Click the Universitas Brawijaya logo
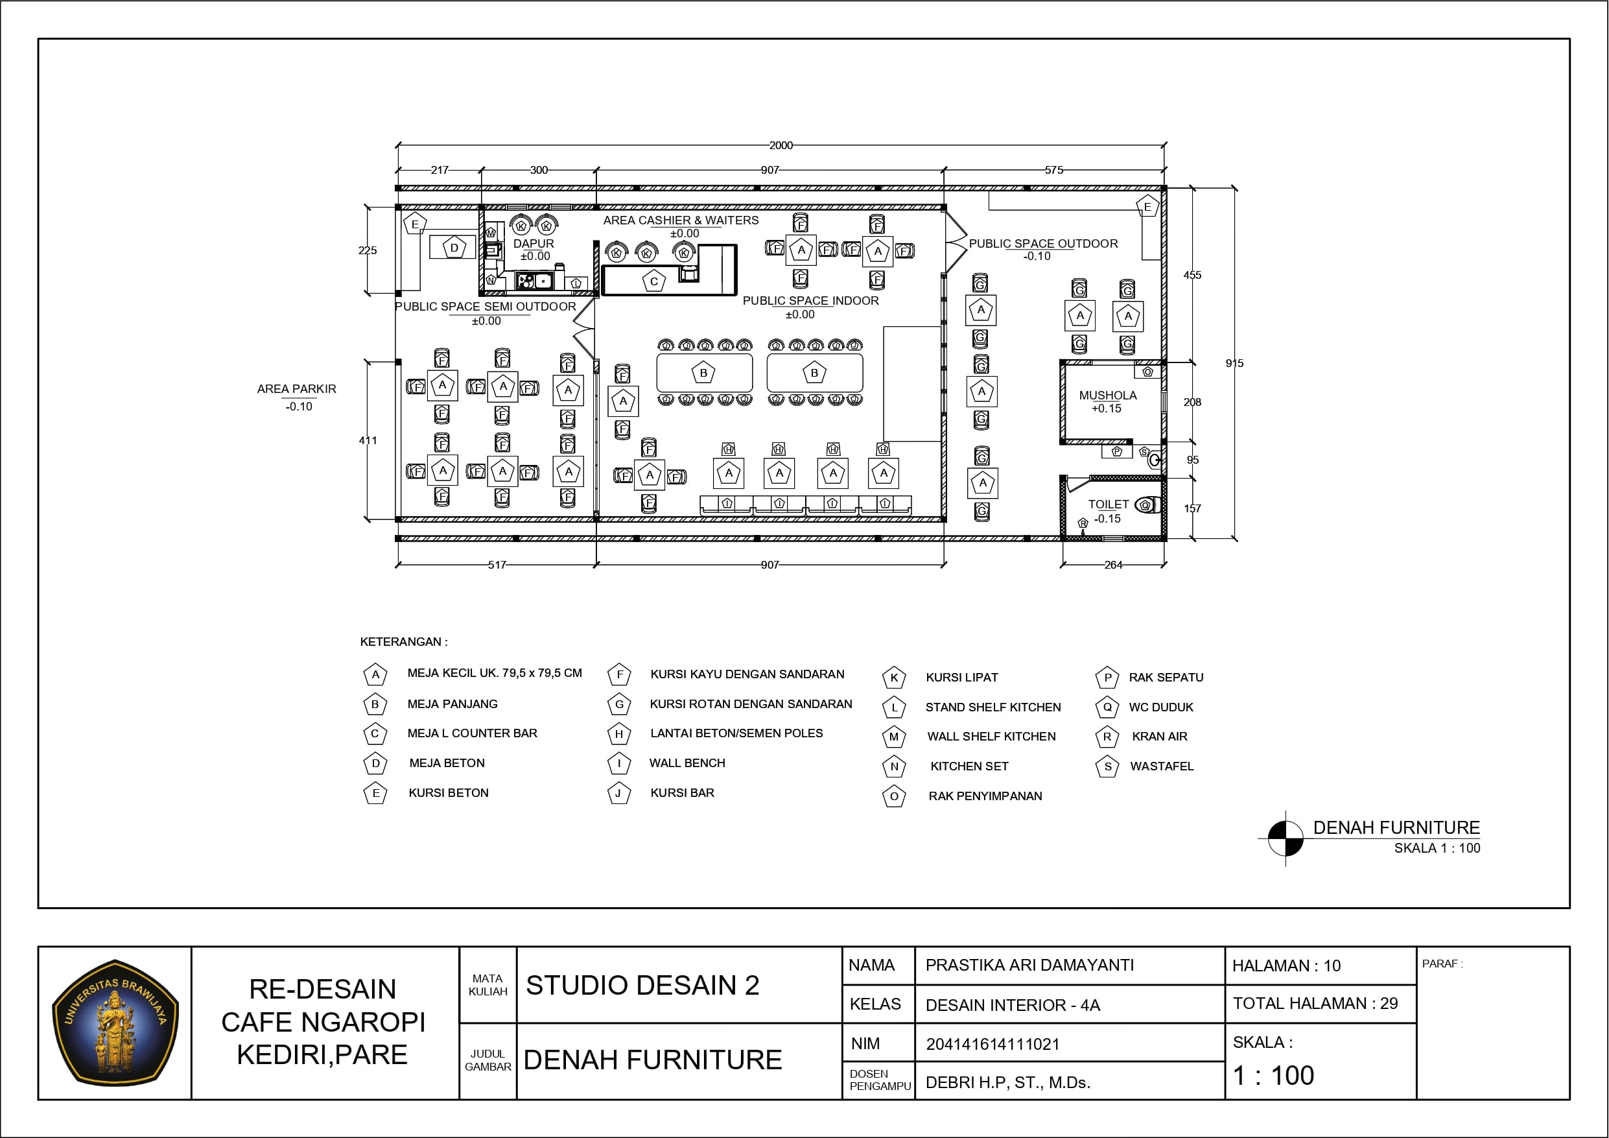[x=115, y=1023]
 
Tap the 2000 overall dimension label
[x=781, y=145]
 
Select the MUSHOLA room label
[x=1108, y=396]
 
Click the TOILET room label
[x=1108, y=504]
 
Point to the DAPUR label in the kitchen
[x=534, y=243]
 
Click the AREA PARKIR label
[x=296, y=388]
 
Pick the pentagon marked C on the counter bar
[x=654, y=281]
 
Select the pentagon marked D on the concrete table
[x=454, y=248]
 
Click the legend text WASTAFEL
[x=1161, y=766]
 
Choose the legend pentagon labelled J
[x=619, y=793]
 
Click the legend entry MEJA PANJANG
[x=452, y=704]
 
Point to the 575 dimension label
[x=1054, y=170]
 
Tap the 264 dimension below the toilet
[x=1113, y=564]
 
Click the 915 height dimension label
[x=1234, y=363]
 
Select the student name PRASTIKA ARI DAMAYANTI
[x=1029, y=966]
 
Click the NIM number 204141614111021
[x=992, y=1044]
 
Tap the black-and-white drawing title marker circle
[x=1286, y=838]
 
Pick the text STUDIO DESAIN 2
[x=642, y=985]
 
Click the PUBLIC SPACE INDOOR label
[x=810, y=301]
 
